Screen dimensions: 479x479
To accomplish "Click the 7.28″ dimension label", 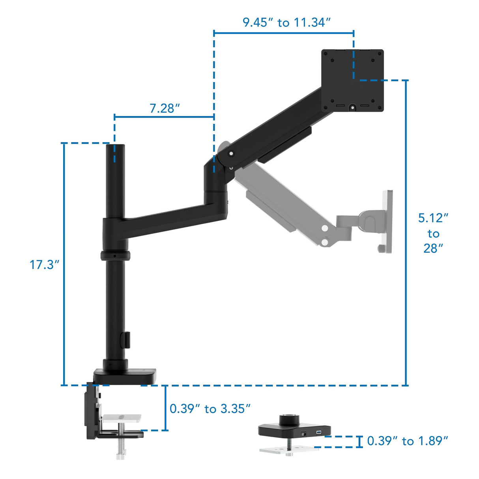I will [165, 108].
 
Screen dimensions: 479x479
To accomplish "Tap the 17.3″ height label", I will [44, 265].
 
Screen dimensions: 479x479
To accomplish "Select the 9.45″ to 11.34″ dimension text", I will [286, 22].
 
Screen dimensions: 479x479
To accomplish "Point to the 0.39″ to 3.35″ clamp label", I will [210, 409].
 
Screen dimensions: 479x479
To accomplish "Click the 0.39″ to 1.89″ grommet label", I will [408, 441].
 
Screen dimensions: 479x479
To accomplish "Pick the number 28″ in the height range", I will [433, 248].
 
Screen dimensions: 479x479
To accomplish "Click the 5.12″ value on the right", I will [433, 218].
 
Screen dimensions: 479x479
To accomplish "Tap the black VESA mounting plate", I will [352, 80].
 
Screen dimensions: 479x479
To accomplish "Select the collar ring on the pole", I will [115, 255].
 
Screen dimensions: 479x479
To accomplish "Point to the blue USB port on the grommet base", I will [318, 433].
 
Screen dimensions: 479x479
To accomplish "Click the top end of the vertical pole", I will [115, 147].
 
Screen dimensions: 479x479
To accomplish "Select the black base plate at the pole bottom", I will [124, 376].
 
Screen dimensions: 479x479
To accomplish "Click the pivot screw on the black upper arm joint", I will [231, 154].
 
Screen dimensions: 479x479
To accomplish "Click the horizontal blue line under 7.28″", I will [164, 117].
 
